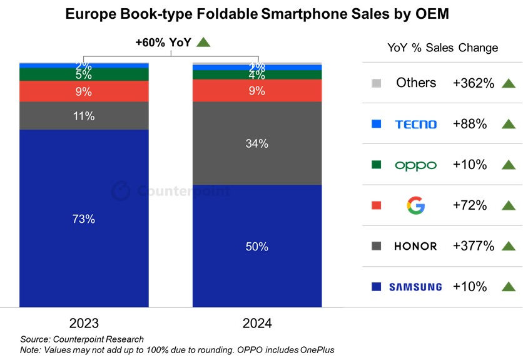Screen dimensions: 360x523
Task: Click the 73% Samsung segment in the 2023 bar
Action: [84, 219]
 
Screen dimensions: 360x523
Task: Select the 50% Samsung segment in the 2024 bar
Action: [257, 245]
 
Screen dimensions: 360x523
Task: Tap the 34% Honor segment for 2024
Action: [257, 143]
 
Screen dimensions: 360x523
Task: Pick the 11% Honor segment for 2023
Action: [84, 116]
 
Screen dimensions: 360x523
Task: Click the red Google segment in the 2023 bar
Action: [84, 91]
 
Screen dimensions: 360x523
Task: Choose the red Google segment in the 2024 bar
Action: [257, 91]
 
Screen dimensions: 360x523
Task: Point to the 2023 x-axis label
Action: [84, 324]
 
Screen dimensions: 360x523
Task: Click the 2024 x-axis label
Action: [257, 324]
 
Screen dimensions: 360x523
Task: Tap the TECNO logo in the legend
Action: [416, 124]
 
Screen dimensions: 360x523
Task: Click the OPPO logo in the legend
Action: [416, 165]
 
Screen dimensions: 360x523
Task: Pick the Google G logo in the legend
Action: [416, 205]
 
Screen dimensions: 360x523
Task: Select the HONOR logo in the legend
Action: [415, 246]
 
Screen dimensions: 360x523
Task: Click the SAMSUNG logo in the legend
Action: [415, 287]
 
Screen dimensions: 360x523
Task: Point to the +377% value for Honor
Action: [473, 246]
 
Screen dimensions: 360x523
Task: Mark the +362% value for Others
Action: [473, 83]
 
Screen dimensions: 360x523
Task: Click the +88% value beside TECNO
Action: [469, 124]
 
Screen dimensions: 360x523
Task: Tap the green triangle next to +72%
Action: [508, 205]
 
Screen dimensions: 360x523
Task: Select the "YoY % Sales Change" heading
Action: [442, 48]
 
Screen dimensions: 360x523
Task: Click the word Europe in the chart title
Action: [89, 14]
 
